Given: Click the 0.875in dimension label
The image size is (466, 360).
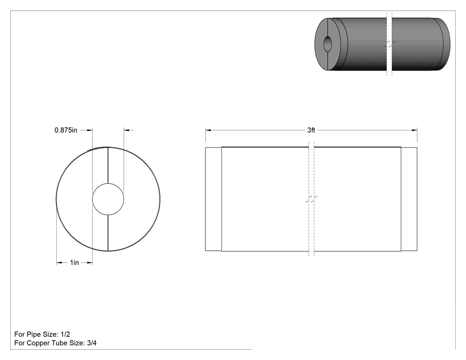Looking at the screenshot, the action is click(66, 130).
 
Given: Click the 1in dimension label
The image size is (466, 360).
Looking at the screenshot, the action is click(74, 262).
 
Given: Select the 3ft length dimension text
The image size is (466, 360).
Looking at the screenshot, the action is click(311, 130).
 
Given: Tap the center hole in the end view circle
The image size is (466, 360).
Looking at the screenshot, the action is click(108, 199).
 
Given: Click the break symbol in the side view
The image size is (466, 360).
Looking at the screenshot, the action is click(311, 199).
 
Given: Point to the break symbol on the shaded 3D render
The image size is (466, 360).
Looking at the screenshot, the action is click(389, 44).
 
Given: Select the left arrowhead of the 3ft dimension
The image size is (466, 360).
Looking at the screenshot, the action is click(208, 130).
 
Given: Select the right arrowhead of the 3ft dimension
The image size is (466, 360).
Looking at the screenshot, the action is click(414, 130).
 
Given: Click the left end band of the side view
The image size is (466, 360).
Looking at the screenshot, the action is click(213, 199).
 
